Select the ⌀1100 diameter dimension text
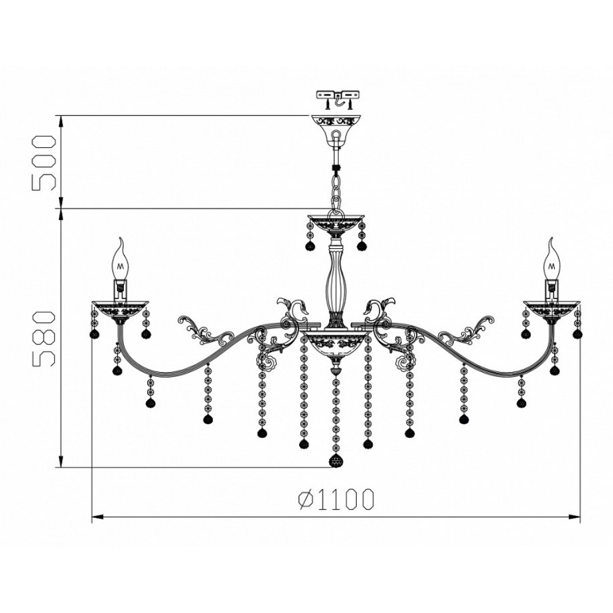(x=336, y=499)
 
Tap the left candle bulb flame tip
(x=121, y=238)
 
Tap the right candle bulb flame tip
(x=551, y=238)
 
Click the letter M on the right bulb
(x=552, y=267)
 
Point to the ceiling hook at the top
(x=338, y=102)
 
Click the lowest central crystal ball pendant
(x=336, y=461)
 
